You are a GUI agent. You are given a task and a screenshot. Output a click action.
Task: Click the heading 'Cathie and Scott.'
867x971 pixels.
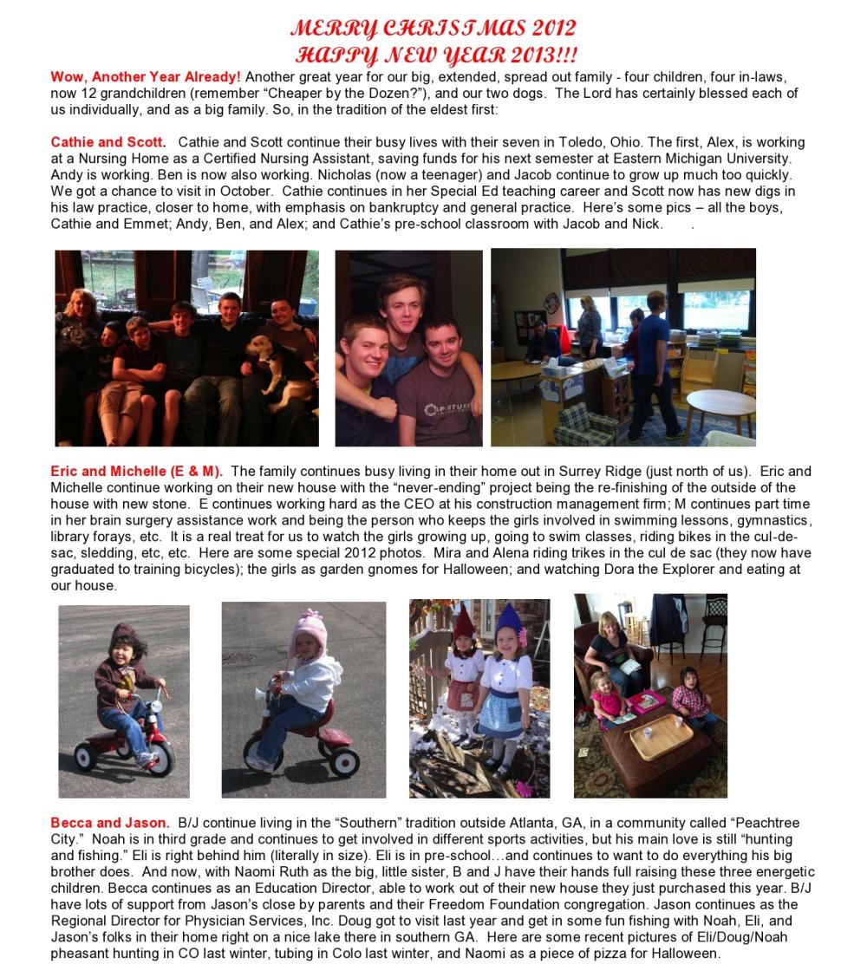pyautogui.click(x=108, y=142)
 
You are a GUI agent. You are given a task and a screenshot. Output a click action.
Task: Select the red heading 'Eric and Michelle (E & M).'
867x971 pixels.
pyautogui.click(x=136, y=472)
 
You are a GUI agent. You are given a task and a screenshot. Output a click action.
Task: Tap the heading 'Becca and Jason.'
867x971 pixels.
pyautogui.click(x=109, y=822)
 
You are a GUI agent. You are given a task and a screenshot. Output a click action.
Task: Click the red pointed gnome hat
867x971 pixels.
pyautogui.click(x=465, y=622)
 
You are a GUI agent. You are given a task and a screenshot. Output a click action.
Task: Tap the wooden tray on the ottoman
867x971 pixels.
pyautogui.click(x=661, y=736)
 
